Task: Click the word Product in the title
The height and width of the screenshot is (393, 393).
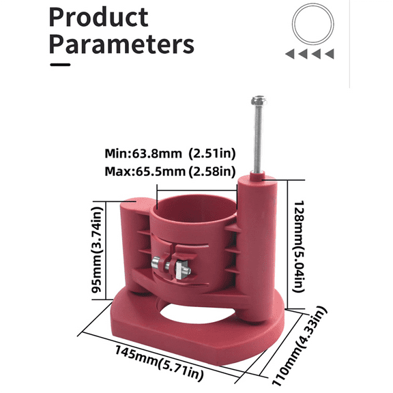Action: tap(99, 18)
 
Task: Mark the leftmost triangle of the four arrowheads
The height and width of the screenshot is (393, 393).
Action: tap(290, 53)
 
